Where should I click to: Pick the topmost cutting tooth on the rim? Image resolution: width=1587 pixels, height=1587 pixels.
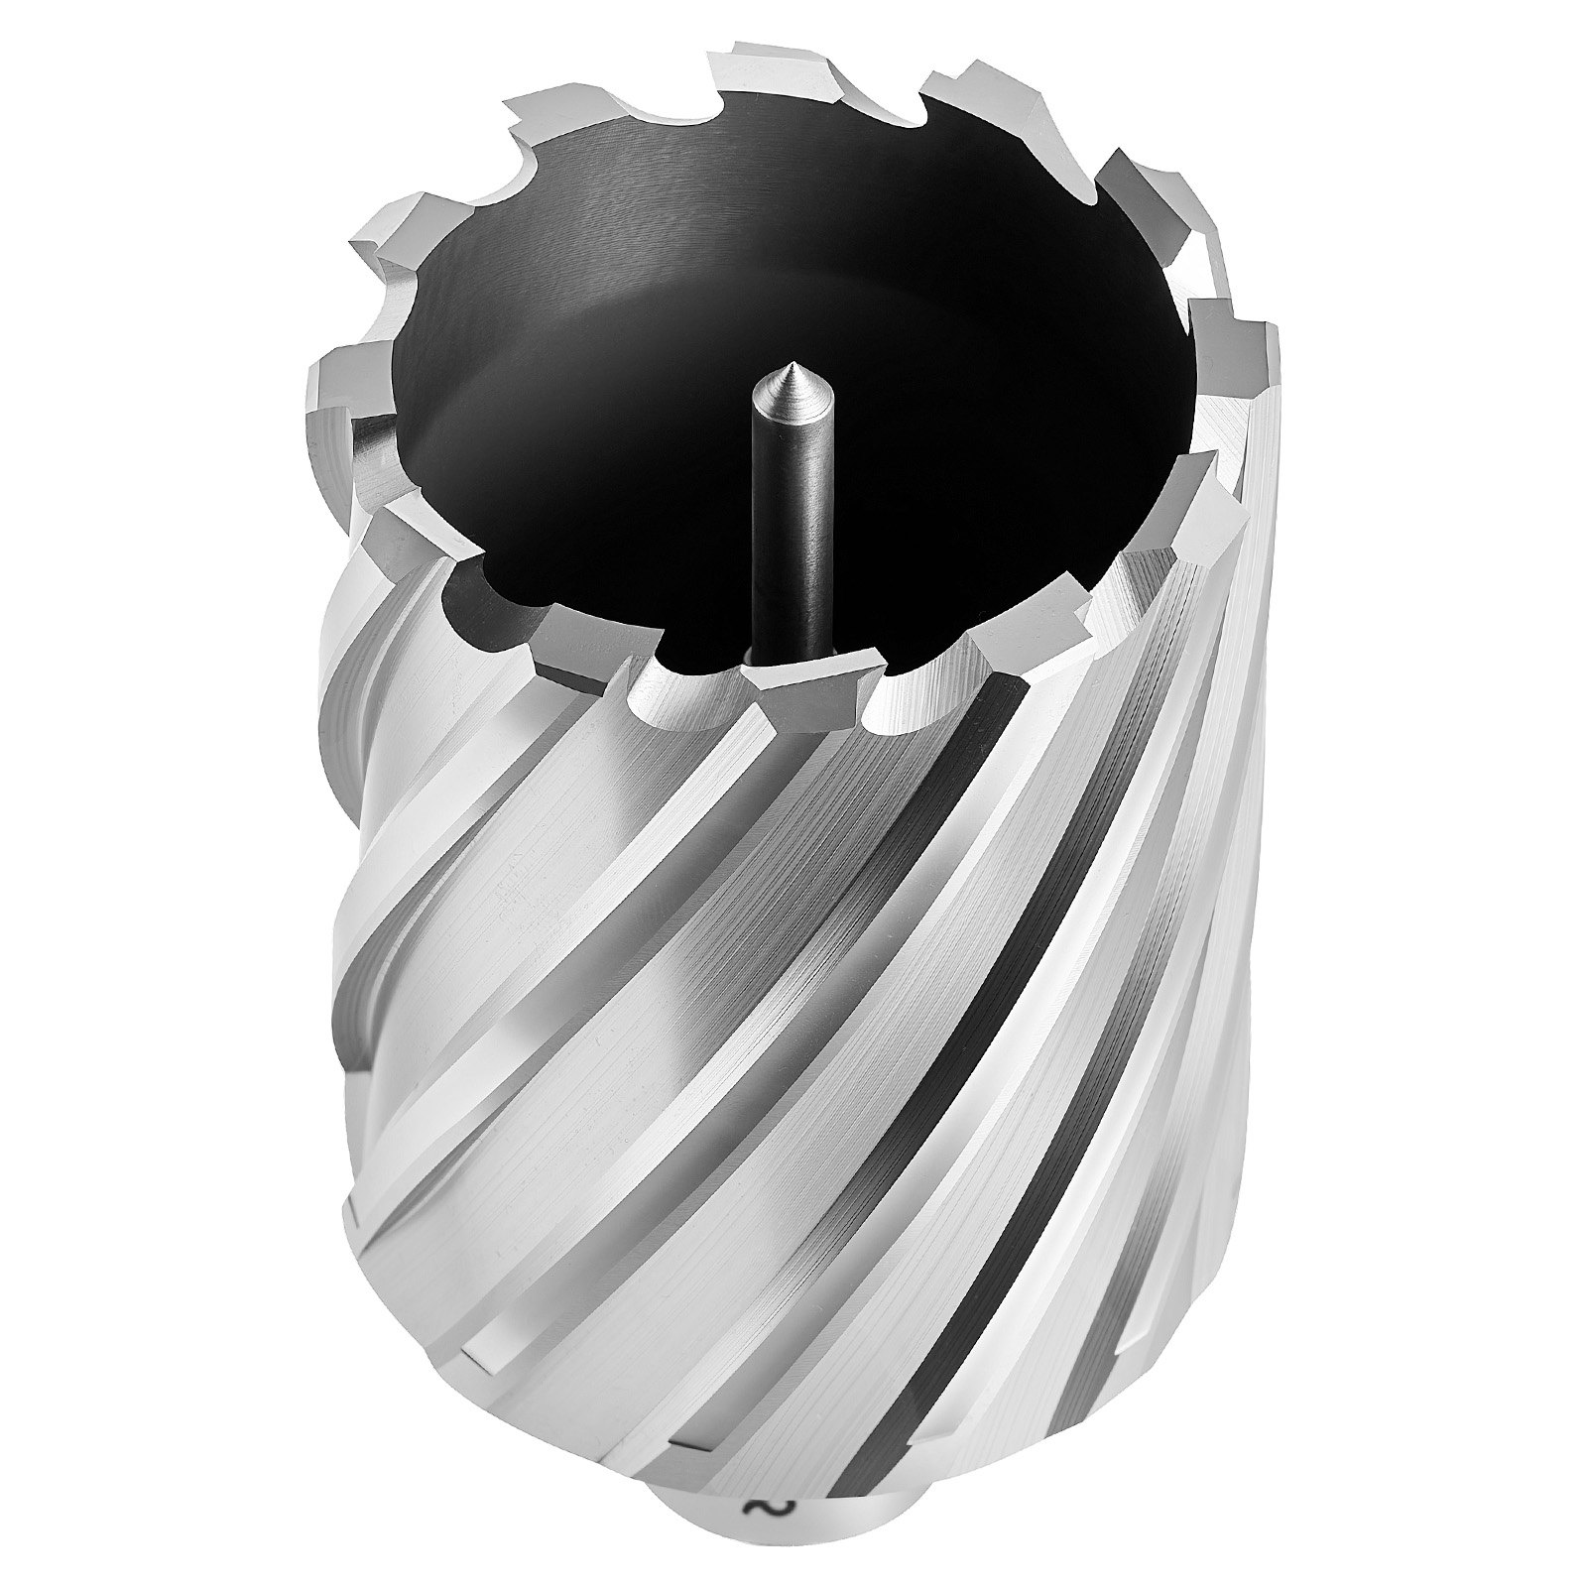tap(764, 71)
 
